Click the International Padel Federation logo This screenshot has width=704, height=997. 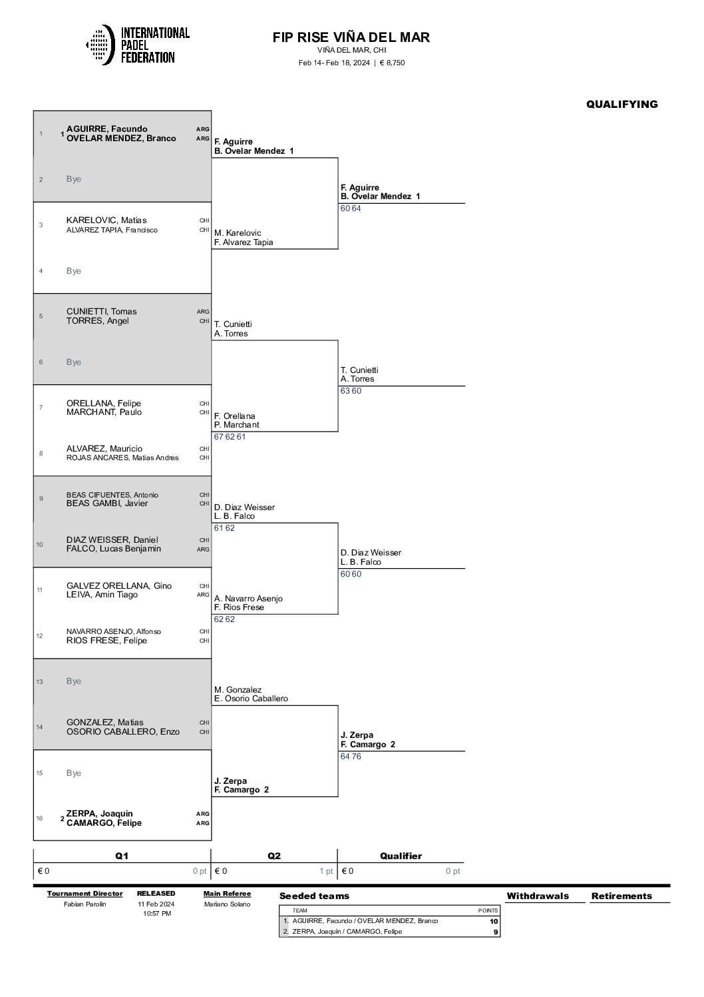(x=138, y=45)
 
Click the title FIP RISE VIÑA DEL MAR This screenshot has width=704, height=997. (x=351, y=37)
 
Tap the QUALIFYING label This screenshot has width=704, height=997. (x=621, y=104)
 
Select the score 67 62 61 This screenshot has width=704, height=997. (x=230, y=437)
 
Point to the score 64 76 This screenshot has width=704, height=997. (x=351, y=756)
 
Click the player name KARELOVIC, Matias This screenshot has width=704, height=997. (x=106, y=220)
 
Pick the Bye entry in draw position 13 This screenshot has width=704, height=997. (x=74, y=681)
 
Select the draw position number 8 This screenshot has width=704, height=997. (x=41, y=453)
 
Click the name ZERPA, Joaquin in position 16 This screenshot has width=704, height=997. (x=100, y=813)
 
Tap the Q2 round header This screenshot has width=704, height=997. (x=274, y=856)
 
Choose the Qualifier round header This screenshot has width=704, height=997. (x=401, y=856)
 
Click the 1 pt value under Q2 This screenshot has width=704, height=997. (x=326, y=871)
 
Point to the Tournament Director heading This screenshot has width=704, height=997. (x=85, y=893)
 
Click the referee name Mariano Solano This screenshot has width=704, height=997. (x=228, y=904)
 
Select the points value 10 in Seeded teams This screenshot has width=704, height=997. (x=494, y=921)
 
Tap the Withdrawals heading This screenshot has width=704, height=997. (x=538, y=896)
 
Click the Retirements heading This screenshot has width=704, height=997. (x=621, y=896)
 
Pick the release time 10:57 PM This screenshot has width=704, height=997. (x=157, y=913)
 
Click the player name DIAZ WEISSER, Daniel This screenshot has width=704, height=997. (x=112, y=539)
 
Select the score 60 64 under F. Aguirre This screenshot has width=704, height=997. (x=351, y=208)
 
